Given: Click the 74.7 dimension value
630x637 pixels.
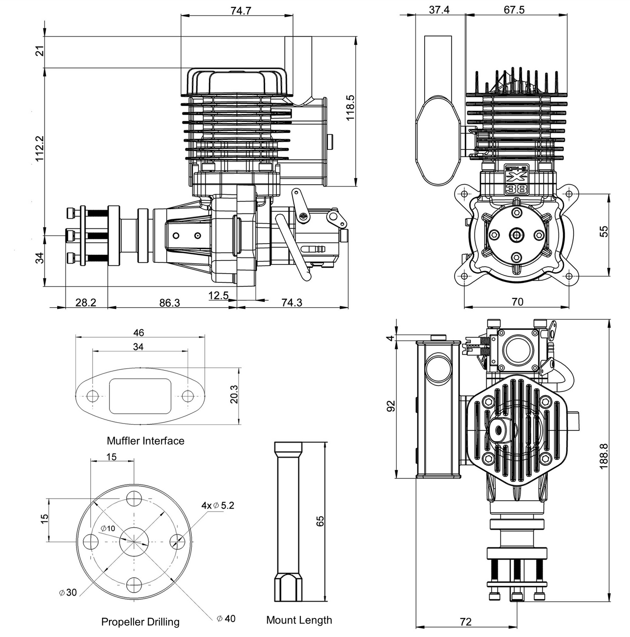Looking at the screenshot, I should pos(241,10).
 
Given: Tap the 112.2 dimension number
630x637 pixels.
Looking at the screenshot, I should pos(40,148).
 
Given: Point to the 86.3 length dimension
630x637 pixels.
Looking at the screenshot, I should pos(170,302).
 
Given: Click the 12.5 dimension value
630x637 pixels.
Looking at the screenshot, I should pos(218,295).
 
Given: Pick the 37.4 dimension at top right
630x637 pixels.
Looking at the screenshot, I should pos(439,10).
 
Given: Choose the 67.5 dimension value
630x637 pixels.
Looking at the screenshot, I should pos(514,10).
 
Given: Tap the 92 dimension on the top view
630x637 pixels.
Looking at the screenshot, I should pos(391,406).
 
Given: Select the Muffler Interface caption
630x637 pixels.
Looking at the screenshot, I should pos(146,441).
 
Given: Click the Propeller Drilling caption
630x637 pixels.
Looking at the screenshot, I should pos(140,622).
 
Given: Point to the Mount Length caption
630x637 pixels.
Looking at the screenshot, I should pos(299,620).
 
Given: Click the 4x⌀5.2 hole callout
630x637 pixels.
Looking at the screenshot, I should pos(218,505).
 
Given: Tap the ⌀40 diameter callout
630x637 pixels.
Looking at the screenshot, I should pos(226,619).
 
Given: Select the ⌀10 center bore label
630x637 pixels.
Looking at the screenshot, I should pos(108,529).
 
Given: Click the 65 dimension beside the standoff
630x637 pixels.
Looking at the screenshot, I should pos(320,521).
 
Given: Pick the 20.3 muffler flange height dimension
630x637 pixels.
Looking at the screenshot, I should pos(234,394).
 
